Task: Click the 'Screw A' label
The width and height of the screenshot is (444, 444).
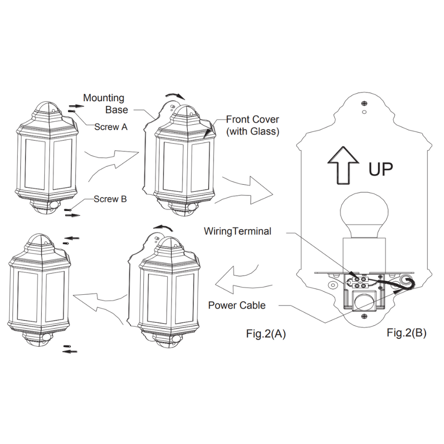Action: pos(111,127)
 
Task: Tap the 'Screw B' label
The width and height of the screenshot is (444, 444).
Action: pos(110,199)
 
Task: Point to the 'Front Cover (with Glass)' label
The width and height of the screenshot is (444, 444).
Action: pos(253,125)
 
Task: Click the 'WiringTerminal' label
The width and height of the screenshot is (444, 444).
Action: pos(238,231)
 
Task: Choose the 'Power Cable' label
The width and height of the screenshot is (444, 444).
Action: pos(237,305)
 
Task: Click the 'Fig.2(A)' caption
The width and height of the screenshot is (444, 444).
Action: pos(266,334)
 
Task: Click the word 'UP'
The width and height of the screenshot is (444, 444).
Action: pos(381,169)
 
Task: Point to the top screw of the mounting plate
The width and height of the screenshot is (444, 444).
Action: pos(364,103)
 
